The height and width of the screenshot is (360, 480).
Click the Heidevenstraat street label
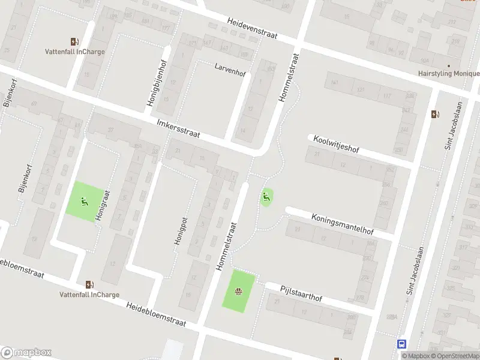251,28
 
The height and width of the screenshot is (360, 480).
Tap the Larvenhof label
230,70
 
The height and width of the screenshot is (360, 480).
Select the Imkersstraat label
178,128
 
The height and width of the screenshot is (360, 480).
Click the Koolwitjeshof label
334,144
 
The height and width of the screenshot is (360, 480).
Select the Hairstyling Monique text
448,74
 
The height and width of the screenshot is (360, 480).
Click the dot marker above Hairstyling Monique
448,65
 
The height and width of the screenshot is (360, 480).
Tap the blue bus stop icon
401,344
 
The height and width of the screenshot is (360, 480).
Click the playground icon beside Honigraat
84,202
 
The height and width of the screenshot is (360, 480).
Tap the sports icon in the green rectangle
239,292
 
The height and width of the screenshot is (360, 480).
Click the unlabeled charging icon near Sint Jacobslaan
435,114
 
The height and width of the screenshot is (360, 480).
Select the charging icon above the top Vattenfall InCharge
75,41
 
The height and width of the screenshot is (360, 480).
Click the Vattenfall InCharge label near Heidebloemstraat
89,295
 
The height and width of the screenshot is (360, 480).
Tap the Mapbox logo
26,353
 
